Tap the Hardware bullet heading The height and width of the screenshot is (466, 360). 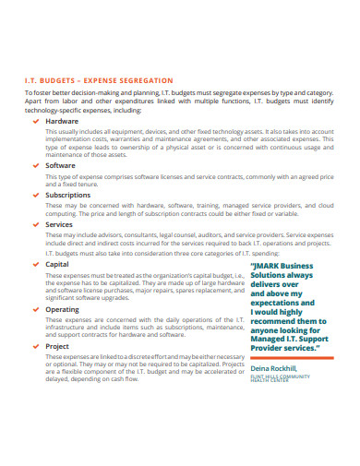[62, 121]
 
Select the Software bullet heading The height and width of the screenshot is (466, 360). [61, 165]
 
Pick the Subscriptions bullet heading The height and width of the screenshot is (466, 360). [68, 195]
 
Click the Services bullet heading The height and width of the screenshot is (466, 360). [59, 224]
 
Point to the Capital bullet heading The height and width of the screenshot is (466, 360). [57, 264]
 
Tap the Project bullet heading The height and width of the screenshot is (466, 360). [57, 346]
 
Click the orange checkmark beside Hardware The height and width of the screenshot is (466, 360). [36, 121]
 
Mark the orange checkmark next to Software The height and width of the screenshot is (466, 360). [36, 165]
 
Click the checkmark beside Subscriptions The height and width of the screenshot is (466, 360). [36, 195]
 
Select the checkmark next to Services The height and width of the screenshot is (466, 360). [36, 224]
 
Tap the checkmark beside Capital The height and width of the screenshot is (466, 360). [36, 264]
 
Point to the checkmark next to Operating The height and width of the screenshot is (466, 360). [36, 311]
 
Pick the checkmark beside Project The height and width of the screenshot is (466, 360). [36, 346]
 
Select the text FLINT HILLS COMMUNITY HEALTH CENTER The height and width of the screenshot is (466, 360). [281, 379]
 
